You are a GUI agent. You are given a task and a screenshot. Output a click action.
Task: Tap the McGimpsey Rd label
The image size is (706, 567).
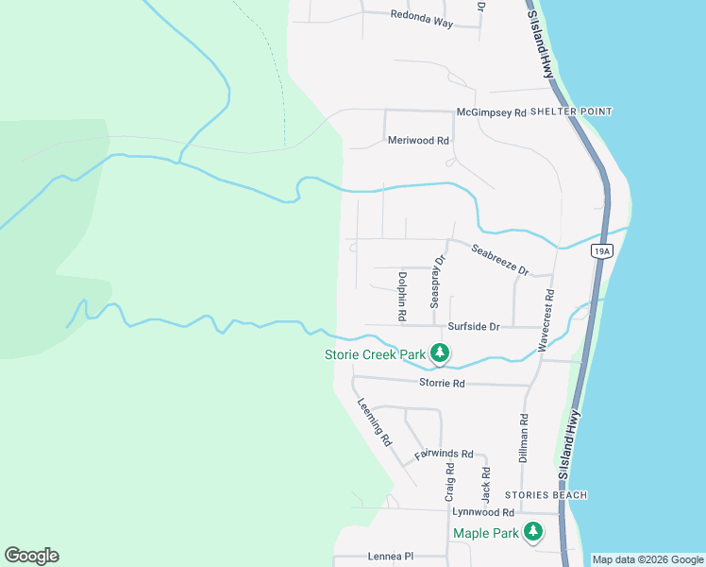[491, 112]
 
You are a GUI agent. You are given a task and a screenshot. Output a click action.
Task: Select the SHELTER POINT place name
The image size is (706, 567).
[571, 112]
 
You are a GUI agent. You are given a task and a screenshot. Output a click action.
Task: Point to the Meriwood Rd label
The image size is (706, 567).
[418, 141]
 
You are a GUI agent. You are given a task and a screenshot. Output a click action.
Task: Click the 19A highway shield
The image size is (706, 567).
[603, 250]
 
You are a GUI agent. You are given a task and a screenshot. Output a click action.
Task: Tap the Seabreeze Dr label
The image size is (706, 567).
[500, 260]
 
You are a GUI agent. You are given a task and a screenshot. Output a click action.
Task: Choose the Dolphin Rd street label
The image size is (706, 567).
[402, 296]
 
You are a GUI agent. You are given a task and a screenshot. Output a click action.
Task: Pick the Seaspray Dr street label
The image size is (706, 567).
[437, 282]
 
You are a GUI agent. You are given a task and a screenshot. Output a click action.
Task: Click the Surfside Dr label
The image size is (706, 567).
[473, 326]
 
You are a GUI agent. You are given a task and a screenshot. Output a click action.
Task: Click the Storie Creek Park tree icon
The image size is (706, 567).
[439, 354]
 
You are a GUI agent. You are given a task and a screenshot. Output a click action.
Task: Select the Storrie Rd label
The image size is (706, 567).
[442, 384]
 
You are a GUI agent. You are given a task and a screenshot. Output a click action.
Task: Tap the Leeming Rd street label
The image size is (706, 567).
[375, 421]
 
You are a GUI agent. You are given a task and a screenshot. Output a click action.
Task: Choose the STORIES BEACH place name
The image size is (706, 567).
[546, 495]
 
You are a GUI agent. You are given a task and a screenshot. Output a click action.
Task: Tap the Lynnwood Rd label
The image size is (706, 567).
[483, 512]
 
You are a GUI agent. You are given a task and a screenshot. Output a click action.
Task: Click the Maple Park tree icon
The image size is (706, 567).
[533, 532]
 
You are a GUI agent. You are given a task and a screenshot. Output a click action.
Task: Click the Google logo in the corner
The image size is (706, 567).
[31, 556]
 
